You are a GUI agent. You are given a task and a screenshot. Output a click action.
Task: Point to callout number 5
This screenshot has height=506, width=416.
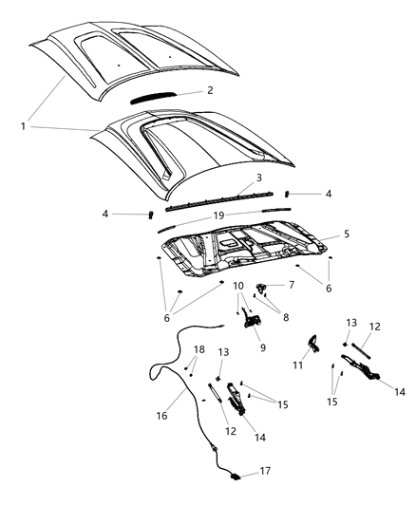pyautogui.click(x=347, y=233)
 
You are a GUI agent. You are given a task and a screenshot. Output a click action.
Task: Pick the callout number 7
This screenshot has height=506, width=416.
pyautogui.click(x=292, y=284)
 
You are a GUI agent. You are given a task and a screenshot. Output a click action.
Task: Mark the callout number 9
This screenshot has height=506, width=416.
pyautogui.click(x=263, y=347)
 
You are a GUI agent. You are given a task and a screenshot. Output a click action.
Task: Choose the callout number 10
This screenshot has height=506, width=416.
pyautogui.click(x=238, y=285)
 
